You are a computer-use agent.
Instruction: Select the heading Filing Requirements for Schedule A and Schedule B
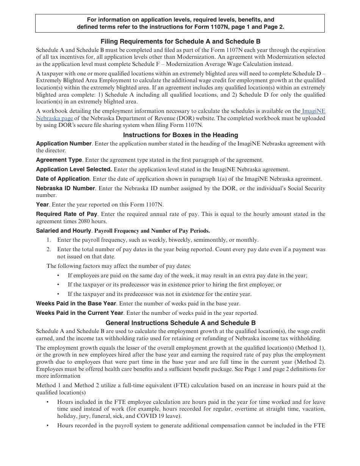pyautogui.click(x=180, y=42)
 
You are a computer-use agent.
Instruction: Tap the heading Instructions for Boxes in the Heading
pyautogui.click(x=180, y=135)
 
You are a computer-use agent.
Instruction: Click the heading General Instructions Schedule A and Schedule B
pyautogui.click(x=180, y=323)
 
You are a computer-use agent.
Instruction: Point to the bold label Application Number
pyautogui.click(x=64, y=144)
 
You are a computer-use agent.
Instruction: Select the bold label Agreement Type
pyautogui.click(x=59, y=160)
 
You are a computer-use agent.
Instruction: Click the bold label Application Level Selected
pyautogui.click(x=74, y=169)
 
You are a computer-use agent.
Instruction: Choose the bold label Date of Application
pyautogui.click(x=63, y=179)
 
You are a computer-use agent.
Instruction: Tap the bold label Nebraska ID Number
pyautogui.click(x=65, y=188)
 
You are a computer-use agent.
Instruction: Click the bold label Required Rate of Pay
pyautogui.click(x=66, y=214)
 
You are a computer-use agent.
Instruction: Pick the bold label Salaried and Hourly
pyautogui.click(x=63, y=230)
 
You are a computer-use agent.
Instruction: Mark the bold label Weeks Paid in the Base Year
pyautogui.click(x=76, y=303)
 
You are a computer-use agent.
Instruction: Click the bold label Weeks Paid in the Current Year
pyautogui.click(x=80, y=313)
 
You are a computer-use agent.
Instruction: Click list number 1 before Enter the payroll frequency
pyautogui.click(x=49, y=240)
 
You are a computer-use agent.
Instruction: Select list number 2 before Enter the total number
pyautogui.click(x=49, y=249)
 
